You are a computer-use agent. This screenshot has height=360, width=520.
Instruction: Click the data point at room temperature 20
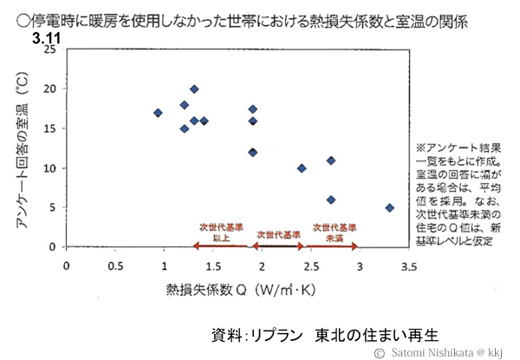tap(194, 88)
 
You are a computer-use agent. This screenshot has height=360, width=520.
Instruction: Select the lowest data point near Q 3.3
tap(390, 208)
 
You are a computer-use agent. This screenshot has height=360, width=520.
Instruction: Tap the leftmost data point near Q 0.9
tap(158, 113)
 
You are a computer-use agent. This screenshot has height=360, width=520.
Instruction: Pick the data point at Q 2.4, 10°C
tap(302, 168)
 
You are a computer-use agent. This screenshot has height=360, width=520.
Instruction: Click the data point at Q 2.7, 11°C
tap(331, 160)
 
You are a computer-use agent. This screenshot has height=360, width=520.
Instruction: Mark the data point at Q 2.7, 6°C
tap(331, 200)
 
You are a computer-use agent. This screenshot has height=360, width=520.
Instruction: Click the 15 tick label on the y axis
tap(49, 128)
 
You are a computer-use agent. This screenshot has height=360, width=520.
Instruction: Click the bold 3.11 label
tap(47, 39)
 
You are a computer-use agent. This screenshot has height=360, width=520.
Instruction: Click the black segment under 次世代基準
tap(279, 247)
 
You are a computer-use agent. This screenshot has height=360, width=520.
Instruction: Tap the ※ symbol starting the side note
tap(420, 148)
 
